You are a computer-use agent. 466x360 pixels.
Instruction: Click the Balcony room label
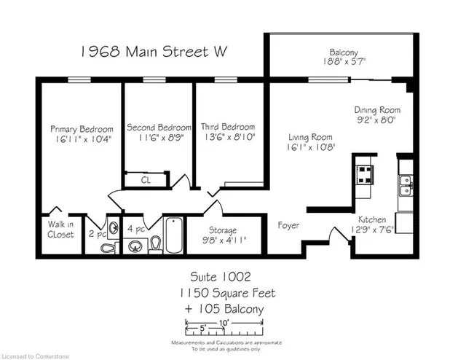point(344,52)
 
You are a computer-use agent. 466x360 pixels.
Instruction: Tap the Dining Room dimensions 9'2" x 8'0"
point(377,120)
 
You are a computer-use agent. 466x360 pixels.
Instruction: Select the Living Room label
point(310,137)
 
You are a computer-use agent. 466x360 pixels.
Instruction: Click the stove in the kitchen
point(365,174)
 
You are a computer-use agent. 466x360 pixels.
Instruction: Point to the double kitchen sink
point(406,186)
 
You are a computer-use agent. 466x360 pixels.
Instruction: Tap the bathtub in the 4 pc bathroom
point(174,235)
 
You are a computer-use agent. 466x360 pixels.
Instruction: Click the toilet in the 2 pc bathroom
point(108,247)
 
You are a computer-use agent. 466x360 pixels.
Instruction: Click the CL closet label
point(146,180)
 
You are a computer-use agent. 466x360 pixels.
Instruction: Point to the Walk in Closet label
point(60,230)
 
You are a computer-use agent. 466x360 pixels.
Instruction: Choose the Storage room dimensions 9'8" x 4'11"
point(224,240)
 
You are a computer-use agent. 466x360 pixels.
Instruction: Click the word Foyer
point(288,225)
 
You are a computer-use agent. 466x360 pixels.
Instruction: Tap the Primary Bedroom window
point(79,79)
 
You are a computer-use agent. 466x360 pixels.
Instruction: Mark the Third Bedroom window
point(226,79)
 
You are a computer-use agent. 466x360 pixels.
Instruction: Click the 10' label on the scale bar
point(224,323)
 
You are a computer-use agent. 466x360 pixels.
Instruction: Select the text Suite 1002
point(221,277)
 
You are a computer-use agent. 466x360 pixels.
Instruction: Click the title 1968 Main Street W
point(154,52)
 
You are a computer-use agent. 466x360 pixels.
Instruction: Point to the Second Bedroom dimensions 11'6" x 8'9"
point(161,138)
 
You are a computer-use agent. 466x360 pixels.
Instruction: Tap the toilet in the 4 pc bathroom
point(156,245)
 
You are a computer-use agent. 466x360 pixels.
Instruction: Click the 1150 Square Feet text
point(227,294)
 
